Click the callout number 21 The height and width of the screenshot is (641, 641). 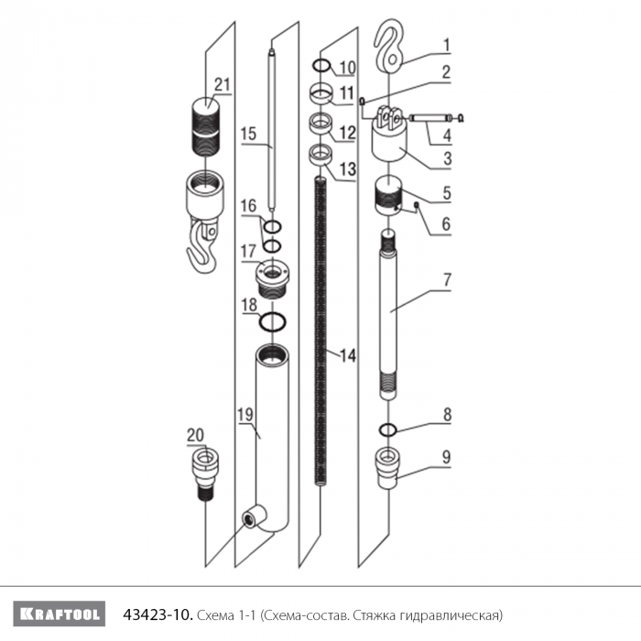[223, 85]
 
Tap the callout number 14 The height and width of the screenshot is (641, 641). [348, 355]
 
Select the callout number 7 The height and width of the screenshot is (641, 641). [447, 280]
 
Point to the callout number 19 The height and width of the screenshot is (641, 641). [245, 415]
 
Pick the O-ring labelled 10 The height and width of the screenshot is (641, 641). [321, 65]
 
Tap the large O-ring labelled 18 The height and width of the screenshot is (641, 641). [273, 321]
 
